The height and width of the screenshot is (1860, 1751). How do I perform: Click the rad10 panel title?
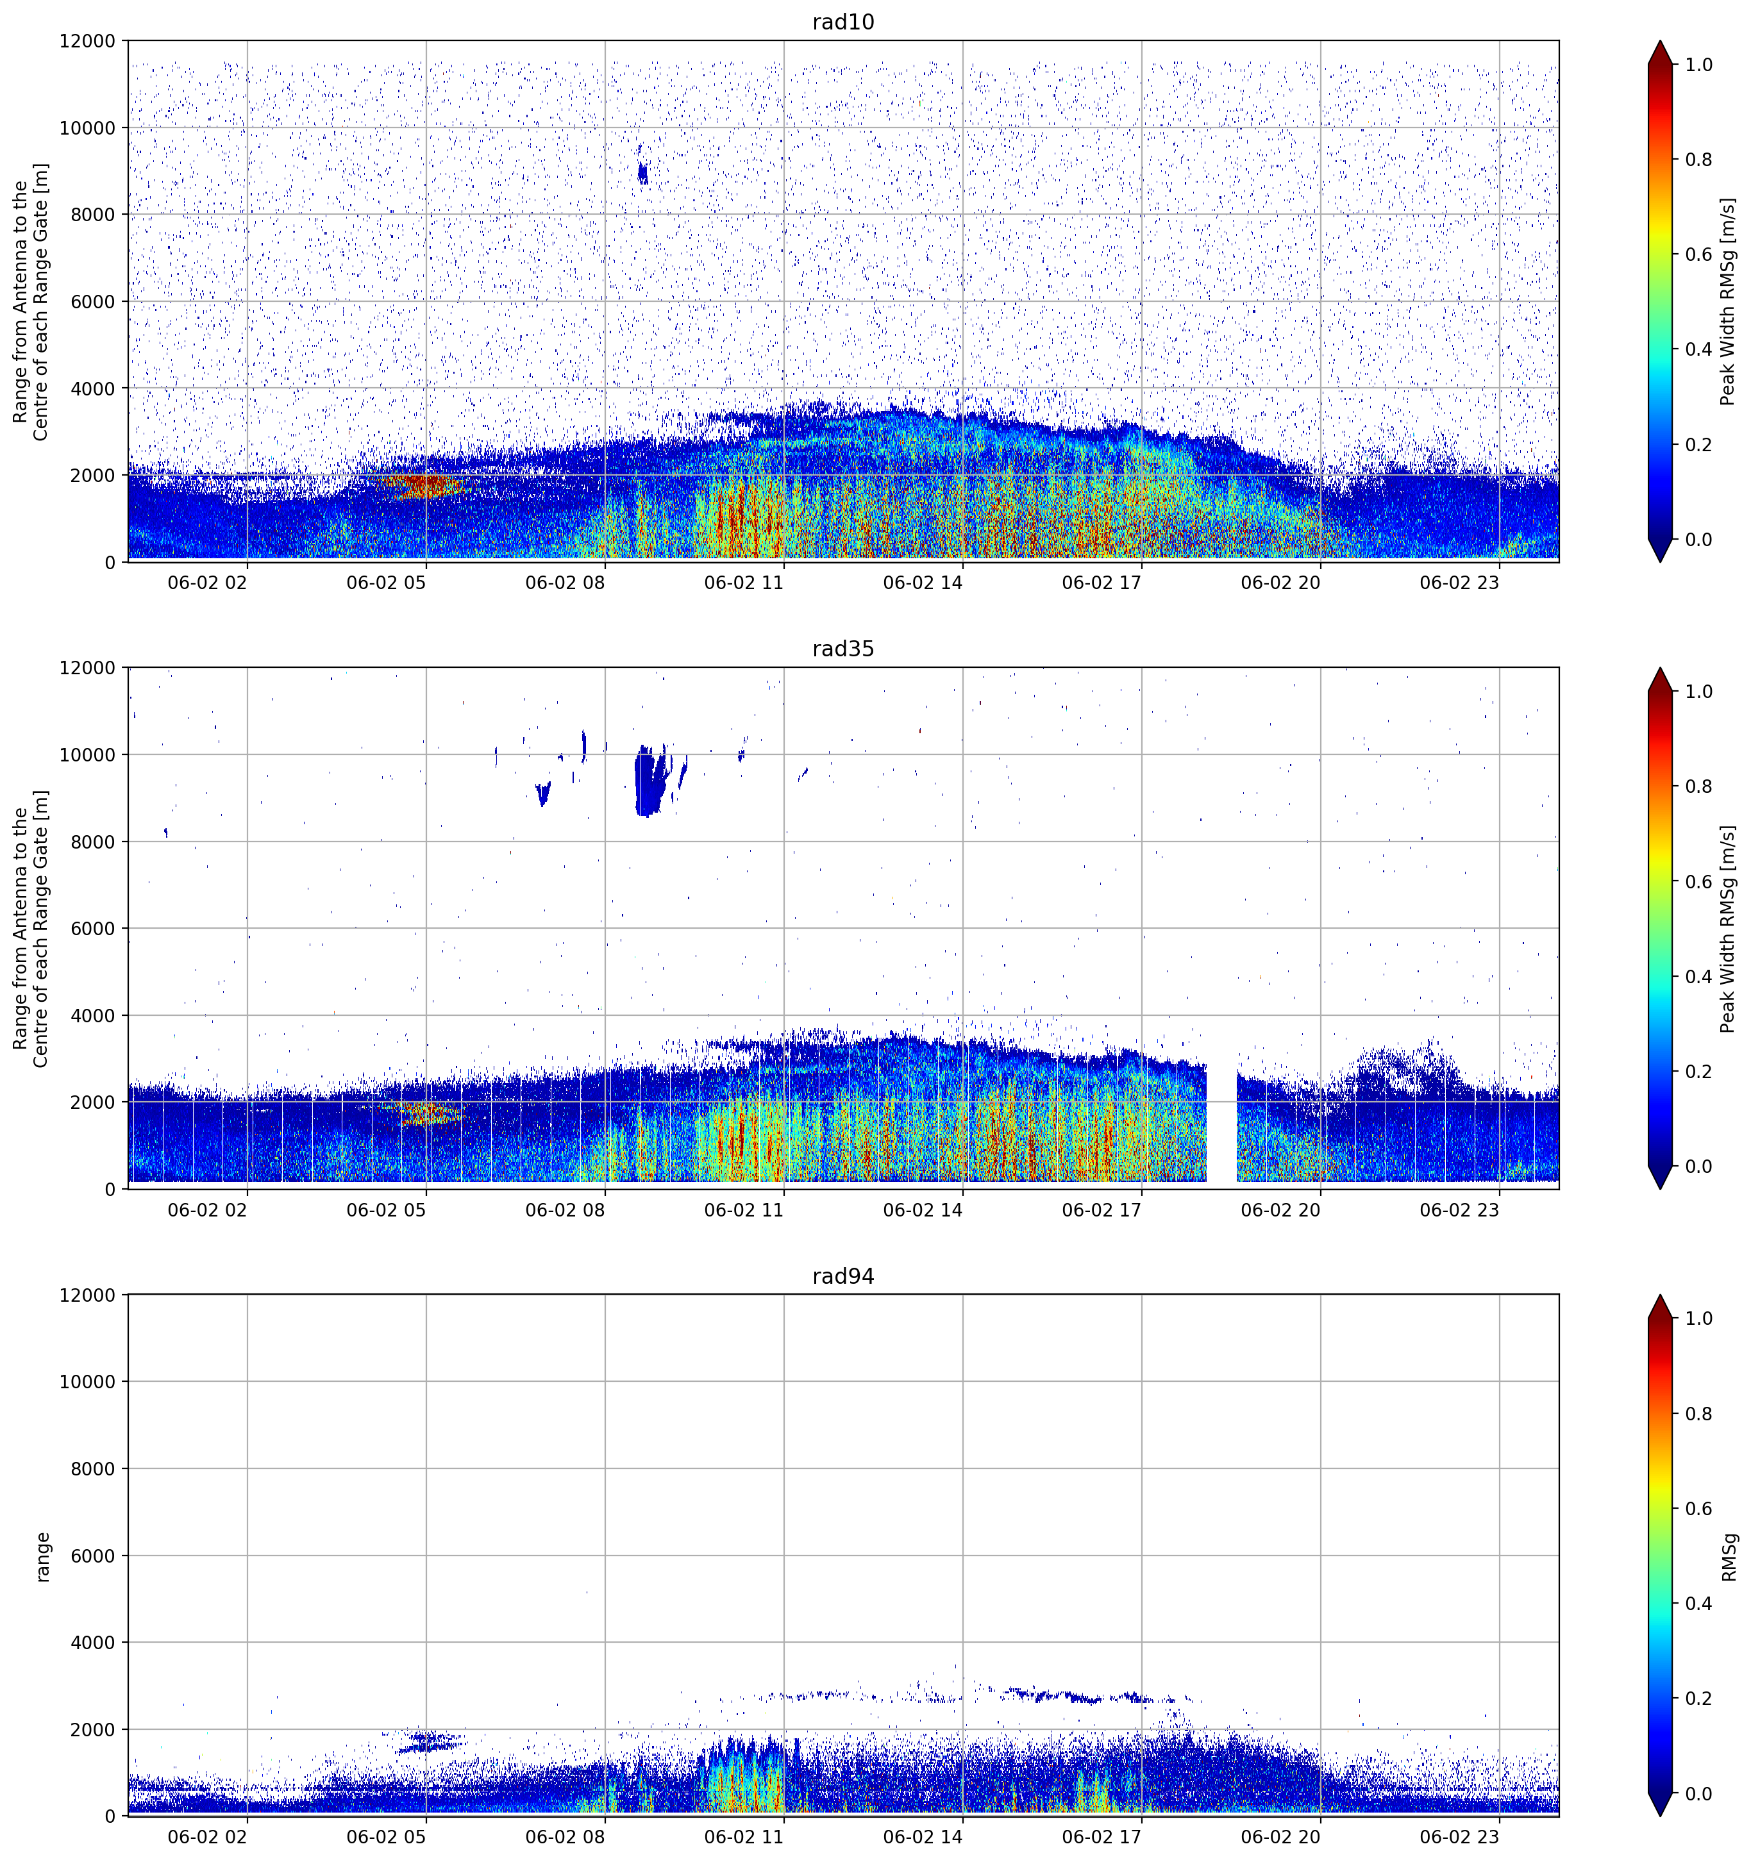tap(842, 22)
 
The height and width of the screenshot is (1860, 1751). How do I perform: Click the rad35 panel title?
tap(842, 649)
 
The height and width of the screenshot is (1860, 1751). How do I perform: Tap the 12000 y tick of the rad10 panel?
tap(87, 41)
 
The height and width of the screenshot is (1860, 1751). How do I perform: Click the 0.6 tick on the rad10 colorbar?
tap(1698, 254)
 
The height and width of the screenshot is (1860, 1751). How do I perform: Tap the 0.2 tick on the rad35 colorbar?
tap(1698, 1071)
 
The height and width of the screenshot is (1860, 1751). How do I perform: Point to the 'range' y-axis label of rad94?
tap(42, 1557)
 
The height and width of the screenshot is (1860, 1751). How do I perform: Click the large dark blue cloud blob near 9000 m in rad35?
tap(649, 780)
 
